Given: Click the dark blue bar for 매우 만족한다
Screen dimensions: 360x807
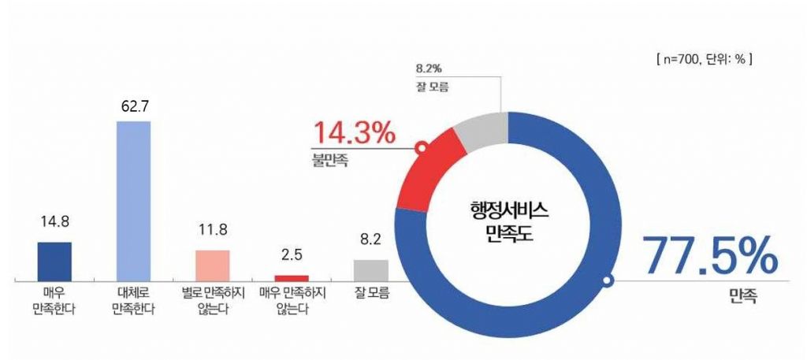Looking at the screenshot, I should pyautogui.click(x=54, y=261).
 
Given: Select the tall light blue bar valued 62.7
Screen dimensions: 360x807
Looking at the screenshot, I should pyautogui.click(x=133, y=200).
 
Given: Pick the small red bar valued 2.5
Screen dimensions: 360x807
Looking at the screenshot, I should pyautogui.click(x=292, y=277).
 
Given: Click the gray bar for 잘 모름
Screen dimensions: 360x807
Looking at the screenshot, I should pyautogui.click(x=370, y=269).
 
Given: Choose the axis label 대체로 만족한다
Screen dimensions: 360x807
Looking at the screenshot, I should pyautogui.click(x=133, y=300).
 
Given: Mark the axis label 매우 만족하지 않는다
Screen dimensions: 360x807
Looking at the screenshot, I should pyautogui.click(x=292, y=300).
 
